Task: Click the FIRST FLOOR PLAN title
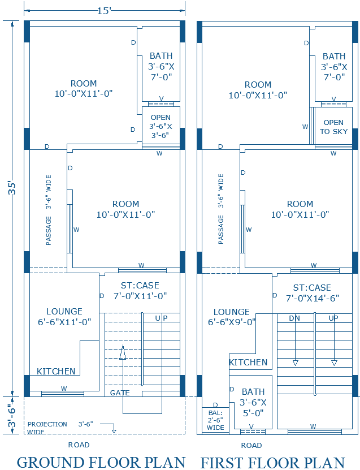[x=272, y=462]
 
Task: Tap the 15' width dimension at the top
[x=104, y=11]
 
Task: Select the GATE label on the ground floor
[x=120, y=393]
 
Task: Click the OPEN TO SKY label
[x=333, y=127]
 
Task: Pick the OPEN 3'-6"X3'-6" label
[x=161, y=127]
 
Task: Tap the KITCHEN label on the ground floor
[x=56, y=372]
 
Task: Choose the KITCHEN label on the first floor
[x=248, y=363]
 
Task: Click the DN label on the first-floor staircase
[x=294, y=318]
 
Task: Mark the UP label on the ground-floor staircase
[x=162, y=318]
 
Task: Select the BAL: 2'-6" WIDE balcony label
[x=215, y=420]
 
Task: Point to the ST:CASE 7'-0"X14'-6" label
[x=312, y=293]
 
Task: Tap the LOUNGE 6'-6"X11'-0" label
[x=64, y=317]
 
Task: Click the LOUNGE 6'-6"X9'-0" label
[x=232, y=317]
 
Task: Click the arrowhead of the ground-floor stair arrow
[x=122, y=350]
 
